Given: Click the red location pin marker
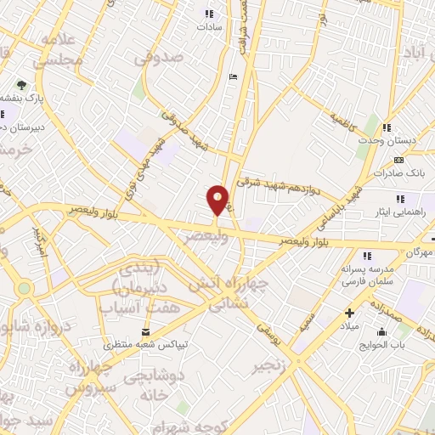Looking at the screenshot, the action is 218,200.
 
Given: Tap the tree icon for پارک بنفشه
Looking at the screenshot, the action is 22,86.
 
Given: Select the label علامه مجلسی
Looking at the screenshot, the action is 58,51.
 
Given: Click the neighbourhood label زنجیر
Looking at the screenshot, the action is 262,367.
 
